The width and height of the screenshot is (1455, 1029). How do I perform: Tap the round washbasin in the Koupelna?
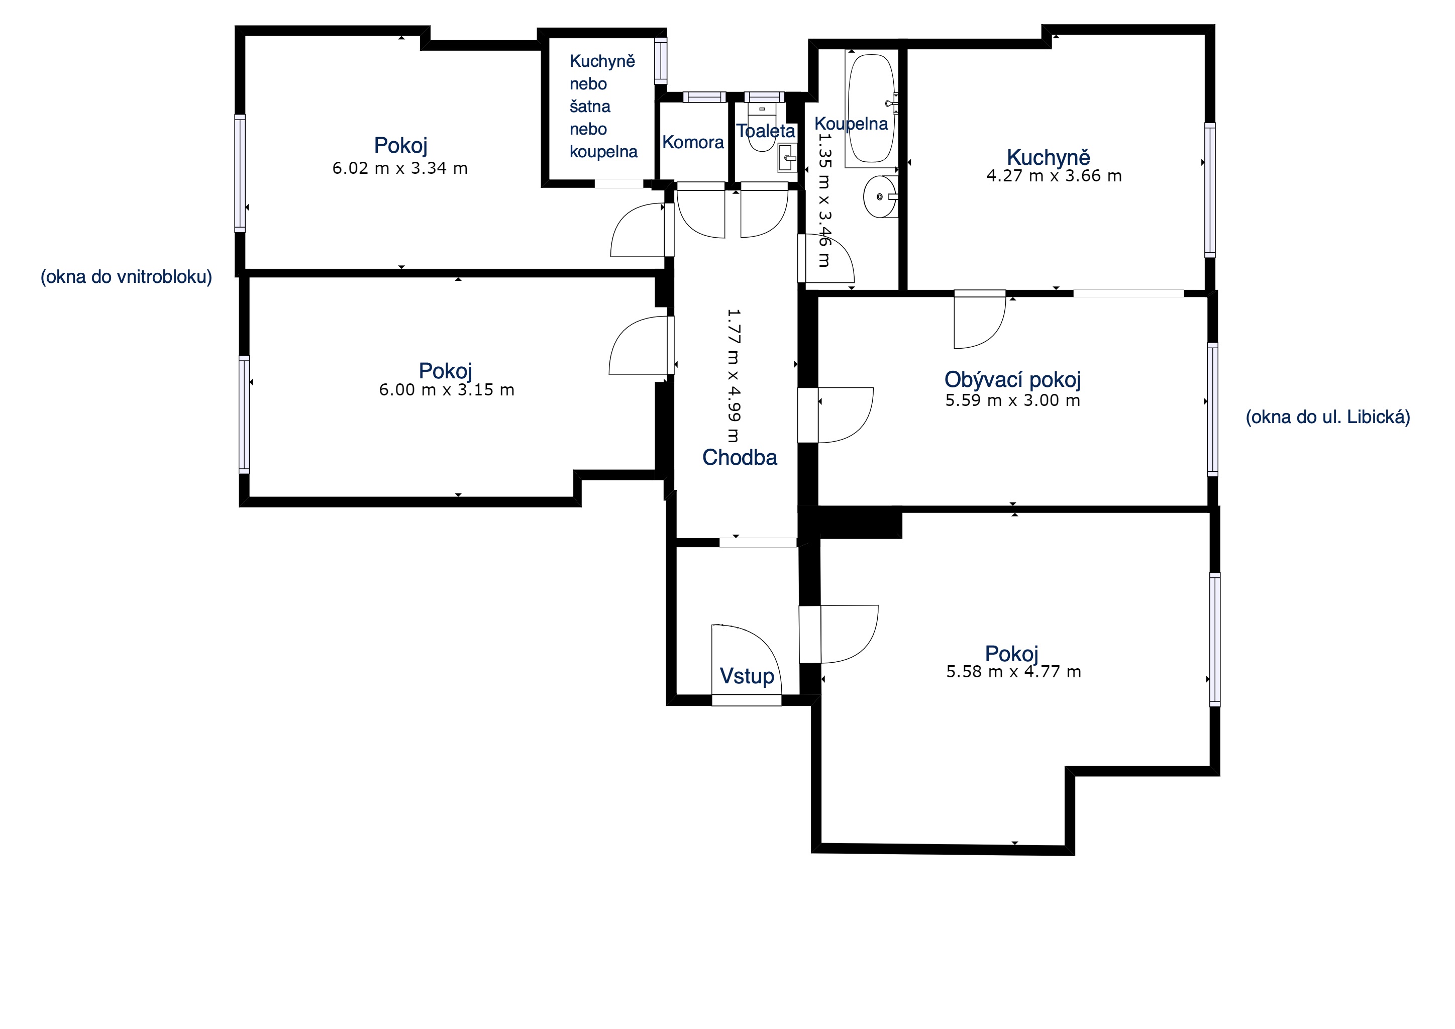tap(881, 196)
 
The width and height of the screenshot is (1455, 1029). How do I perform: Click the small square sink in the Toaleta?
tap(788, 158)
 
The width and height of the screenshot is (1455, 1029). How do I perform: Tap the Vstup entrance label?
tap(747, 676)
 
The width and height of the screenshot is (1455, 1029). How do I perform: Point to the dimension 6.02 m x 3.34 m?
tap(400, 168)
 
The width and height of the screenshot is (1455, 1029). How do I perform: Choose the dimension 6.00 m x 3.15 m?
tap(446, 390)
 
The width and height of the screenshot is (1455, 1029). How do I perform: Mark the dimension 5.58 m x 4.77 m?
tap(1013, 672)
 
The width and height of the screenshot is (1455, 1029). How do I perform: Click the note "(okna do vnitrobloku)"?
tap(126, 277)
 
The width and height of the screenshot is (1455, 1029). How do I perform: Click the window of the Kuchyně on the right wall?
tap(1210, 190)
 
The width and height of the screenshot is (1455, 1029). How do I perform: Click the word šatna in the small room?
tap(589, 106)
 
